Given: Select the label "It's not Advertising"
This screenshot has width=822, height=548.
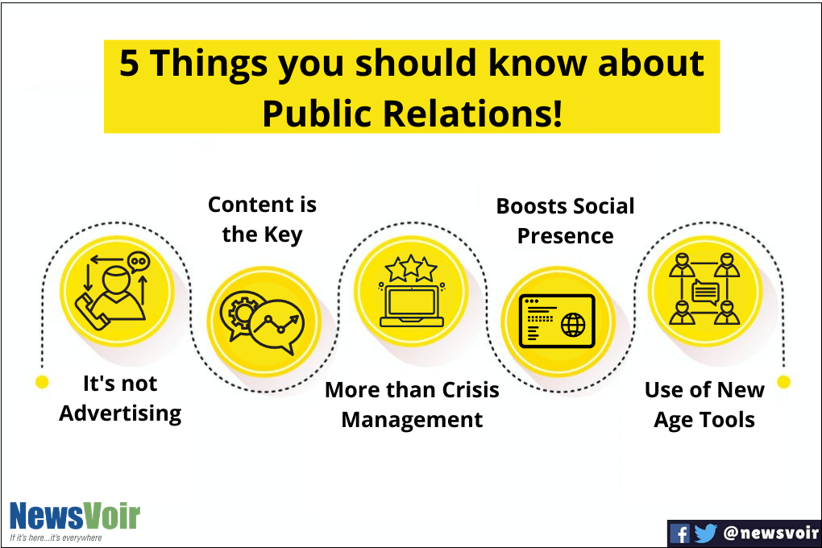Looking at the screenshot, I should (120, 399).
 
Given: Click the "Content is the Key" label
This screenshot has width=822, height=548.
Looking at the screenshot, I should (262, 219).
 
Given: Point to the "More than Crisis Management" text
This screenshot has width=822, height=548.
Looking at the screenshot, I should (412, 405).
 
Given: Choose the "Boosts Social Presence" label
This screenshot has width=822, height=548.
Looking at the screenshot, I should (565, 221).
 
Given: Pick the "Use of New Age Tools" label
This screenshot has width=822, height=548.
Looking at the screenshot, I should (704, 405).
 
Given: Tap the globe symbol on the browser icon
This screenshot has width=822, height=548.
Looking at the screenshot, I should (574, 325).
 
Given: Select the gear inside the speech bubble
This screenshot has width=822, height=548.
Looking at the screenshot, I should (241, 313).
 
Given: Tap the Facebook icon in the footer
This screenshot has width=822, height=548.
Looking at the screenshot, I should (680, 533).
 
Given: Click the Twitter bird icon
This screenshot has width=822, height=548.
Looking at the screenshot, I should (706, 533).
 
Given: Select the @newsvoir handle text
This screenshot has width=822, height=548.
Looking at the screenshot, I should (770, 533).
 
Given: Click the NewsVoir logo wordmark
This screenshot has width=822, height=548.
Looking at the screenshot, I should (74, 516).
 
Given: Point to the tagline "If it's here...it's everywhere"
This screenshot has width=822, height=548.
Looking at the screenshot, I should (56, 538).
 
